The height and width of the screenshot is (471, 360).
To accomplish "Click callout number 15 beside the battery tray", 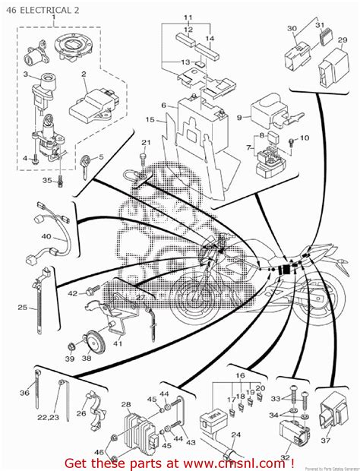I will pyautogui.click(x=150, y=120).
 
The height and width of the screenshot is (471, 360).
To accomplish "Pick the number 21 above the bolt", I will pyautogui.click(x=146, y=143).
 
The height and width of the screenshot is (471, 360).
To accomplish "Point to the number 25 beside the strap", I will pyautogui.click(x=22, y=308).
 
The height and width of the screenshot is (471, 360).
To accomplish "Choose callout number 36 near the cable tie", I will pyautogui.click(x=24, y=392).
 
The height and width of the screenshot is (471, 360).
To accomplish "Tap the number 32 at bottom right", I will pyautogui.click(x=285, y=459).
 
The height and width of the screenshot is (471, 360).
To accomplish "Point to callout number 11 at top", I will pyautogui.click(x=188, y=17).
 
